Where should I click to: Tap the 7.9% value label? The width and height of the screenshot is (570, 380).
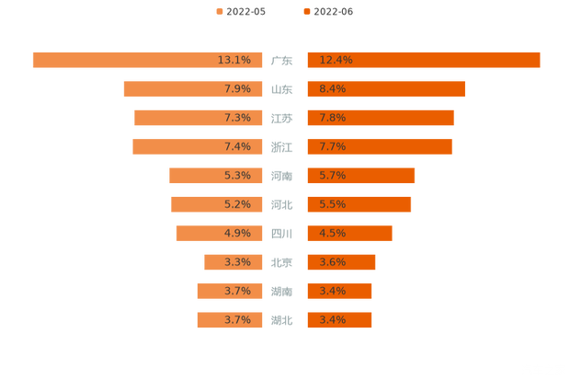(x=237, y=89)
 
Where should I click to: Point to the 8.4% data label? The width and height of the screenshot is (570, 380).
(x=332, y=89)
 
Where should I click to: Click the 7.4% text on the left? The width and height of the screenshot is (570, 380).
(x=237, y=146)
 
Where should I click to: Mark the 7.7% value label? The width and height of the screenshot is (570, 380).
(x=332, y=146)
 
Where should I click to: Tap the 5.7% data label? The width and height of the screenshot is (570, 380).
(x=332, y=176)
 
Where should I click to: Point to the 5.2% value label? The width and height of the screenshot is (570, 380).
(x=237, y=204)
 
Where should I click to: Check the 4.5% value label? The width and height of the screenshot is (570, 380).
(x=332, y=233)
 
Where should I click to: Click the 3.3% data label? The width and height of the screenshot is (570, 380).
(x=237, y=262)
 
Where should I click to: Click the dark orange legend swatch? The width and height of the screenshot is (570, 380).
(x=305, y=12)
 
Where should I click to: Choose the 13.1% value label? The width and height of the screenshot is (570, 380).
(x=234, y=60)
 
